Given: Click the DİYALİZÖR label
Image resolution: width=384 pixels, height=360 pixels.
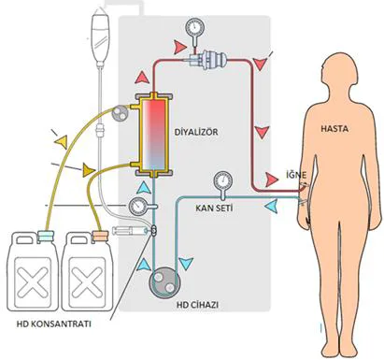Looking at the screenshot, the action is pos(196,132).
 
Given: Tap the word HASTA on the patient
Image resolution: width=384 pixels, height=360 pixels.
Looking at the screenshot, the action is pos(334,128).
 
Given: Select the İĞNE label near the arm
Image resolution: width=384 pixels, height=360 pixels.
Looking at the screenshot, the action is pos(296,175).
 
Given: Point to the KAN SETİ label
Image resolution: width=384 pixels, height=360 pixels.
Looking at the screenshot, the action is pos(214,208).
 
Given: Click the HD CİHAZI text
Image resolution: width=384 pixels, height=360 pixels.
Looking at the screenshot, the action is pos(197,305).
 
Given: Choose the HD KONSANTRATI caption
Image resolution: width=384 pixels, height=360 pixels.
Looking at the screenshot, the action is pos(54,324).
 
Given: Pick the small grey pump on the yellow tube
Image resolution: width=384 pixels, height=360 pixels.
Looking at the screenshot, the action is pos(120,113).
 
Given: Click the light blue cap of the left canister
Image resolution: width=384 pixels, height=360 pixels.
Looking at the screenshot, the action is pos(46,237).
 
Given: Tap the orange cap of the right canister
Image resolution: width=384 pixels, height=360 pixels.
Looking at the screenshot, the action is pos(100,236).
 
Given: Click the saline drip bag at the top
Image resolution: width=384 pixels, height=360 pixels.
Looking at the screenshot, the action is pos(100,36).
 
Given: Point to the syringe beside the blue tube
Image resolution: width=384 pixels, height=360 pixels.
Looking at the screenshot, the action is pos(130,231).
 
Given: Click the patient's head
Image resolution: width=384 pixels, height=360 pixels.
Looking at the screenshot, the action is pos(339,71).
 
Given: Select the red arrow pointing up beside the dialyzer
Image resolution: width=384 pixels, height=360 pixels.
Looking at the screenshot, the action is pos(142,77).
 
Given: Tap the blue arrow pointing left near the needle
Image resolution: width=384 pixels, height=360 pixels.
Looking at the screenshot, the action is pos(271,207).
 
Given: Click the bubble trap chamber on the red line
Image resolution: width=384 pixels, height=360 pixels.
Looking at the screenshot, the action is pos(207,59).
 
